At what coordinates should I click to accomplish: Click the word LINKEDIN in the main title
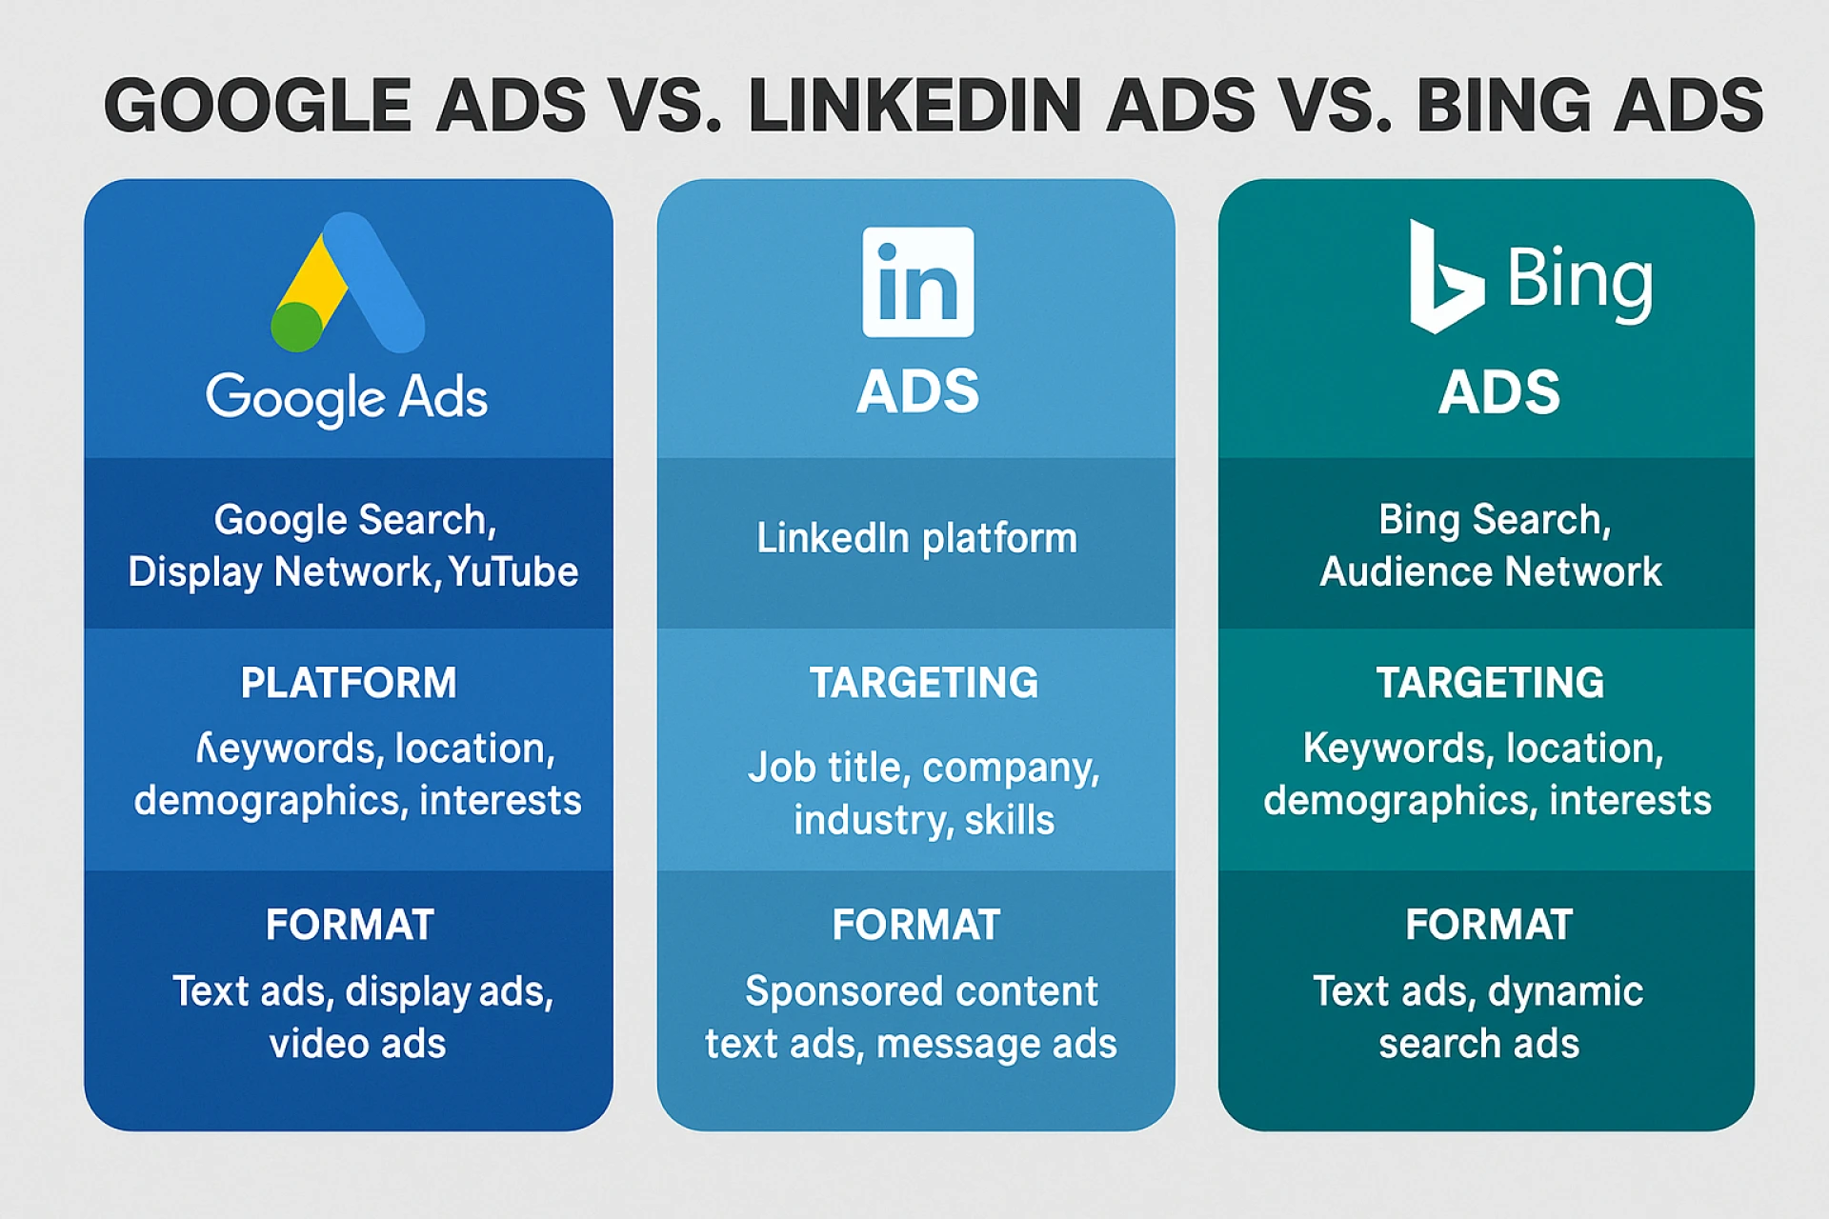click(914, 105)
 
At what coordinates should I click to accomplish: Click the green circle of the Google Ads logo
click(297, 327)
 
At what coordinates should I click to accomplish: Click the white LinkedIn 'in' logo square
click(917, 282)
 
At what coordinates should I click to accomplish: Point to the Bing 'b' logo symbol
click(1443, 278)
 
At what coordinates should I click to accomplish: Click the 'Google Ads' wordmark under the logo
click(347, 396)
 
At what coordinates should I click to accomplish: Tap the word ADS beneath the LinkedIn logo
click(917, 391)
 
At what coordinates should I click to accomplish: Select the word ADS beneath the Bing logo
click(1499, 391)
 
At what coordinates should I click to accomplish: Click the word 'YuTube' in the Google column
click(513, 572)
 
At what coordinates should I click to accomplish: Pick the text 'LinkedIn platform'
click(916, 538)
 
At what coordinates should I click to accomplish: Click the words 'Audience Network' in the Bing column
click(1490, 572)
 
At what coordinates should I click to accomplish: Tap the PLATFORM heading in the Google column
click(349, 683)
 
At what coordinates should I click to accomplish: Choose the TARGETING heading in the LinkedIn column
click(923, 683)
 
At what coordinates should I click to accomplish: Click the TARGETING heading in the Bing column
click(1490, 683)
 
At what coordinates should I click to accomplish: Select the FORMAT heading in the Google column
click(350, 925)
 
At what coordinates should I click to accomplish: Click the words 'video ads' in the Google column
click(357, 1044)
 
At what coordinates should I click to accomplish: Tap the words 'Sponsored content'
click(921, 991)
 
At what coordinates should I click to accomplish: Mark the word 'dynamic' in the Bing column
click(1565, 992)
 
